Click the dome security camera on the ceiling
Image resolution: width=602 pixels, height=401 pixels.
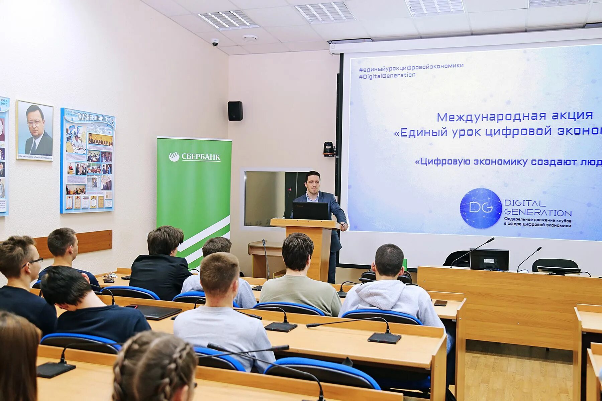pos(215,42)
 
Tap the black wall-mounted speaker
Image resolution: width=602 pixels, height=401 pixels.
pos(235,111)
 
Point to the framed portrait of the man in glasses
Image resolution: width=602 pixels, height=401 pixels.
pos(35,130)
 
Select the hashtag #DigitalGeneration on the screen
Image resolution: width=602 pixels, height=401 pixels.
pos(387,76)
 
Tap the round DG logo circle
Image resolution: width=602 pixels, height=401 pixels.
pos(481,208)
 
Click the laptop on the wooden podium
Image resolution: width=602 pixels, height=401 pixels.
pos(310,211)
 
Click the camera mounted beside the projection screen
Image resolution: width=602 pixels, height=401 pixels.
pos(329,149)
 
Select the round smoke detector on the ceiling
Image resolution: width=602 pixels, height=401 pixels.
pos(250,38)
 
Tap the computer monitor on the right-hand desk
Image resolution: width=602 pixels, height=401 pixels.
pos(489,260)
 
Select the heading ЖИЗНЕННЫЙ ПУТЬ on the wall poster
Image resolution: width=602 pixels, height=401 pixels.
pos(96,118)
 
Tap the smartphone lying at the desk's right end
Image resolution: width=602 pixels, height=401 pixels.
pos(440,303)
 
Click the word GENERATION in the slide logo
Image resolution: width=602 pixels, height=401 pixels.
pos(538,213)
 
